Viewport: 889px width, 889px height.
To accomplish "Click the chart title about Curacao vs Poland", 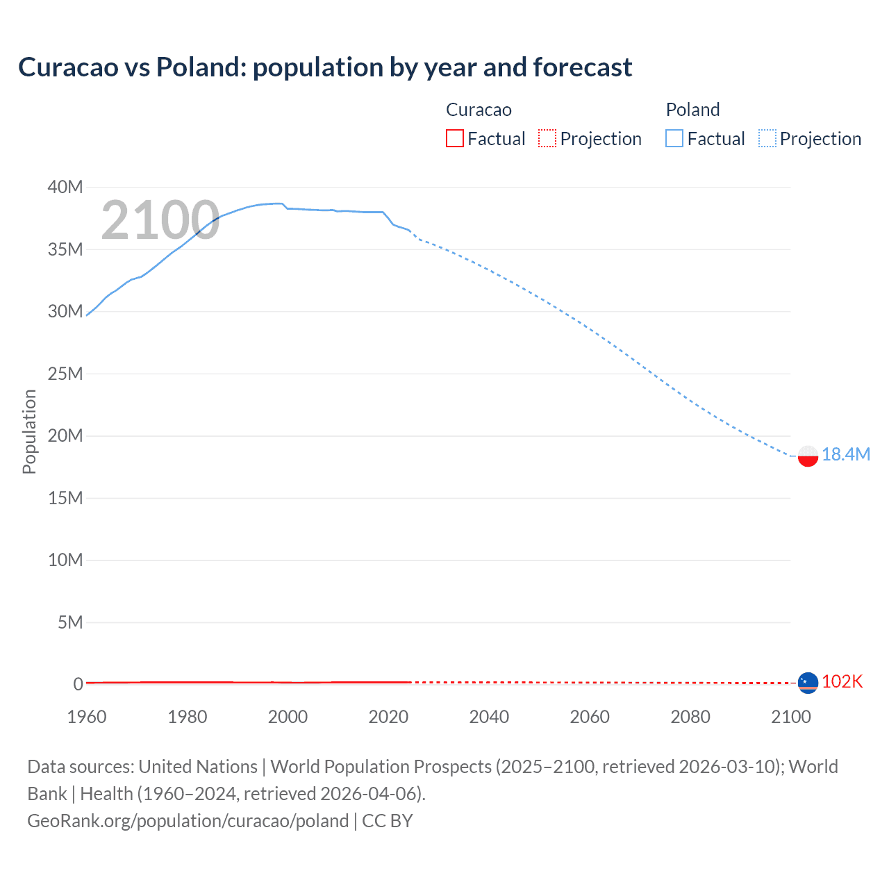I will [325, 67].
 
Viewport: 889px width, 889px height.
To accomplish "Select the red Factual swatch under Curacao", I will [454, 138].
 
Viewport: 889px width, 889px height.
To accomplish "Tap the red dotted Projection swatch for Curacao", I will [547, 138].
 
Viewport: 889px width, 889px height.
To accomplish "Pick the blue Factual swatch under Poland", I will [674, 138].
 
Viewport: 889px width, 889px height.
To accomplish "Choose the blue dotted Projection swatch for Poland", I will [767, 138].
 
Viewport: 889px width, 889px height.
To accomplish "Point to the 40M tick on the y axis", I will [65, 187].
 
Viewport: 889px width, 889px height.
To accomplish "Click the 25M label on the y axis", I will [65, 374].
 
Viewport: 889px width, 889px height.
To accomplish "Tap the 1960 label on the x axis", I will [87, 717].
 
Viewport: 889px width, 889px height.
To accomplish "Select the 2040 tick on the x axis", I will [489, 717].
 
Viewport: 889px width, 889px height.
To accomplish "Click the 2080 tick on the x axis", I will [690, 717].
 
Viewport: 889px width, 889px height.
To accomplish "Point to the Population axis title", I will [29, 431].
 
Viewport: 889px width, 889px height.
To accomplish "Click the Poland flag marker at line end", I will [808, 456].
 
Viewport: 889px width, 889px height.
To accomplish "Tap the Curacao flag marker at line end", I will [808, 683].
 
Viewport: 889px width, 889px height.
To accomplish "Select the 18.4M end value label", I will [846, 454].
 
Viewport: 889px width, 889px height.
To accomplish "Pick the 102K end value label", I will [842, 681].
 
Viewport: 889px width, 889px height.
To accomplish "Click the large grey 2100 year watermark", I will [160, 220].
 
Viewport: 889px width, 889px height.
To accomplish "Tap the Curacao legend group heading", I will [479, 110].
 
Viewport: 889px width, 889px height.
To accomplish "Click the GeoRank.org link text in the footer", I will [188, 821].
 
